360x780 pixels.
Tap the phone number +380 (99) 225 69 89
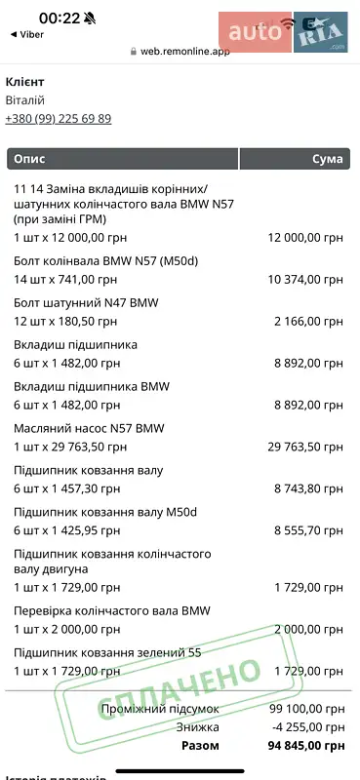pos(59,119)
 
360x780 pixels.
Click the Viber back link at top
pos(28,33)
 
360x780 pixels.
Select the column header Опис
pos(29,159)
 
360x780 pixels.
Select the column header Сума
pos(327,159)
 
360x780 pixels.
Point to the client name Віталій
pos(25,100)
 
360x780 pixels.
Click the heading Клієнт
pos(25,82)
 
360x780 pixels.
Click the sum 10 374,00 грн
pos(305,279)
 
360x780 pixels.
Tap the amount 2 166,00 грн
pos(309,320)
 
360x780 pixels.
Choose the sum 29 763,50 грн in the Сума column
pos(305,447)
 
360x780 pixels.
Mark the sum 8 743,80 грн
pos(309,488)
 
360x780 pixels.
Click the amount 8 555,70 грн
pos(309,530)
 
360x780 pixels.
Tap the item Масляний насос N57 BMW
pos(89,428)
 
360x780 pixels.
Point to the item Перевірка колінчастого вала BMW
pos(112,611)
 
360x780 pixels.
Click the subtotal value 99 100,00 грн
pos(307,709)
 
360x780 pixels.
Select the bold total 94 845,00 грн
pos(307,746)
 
